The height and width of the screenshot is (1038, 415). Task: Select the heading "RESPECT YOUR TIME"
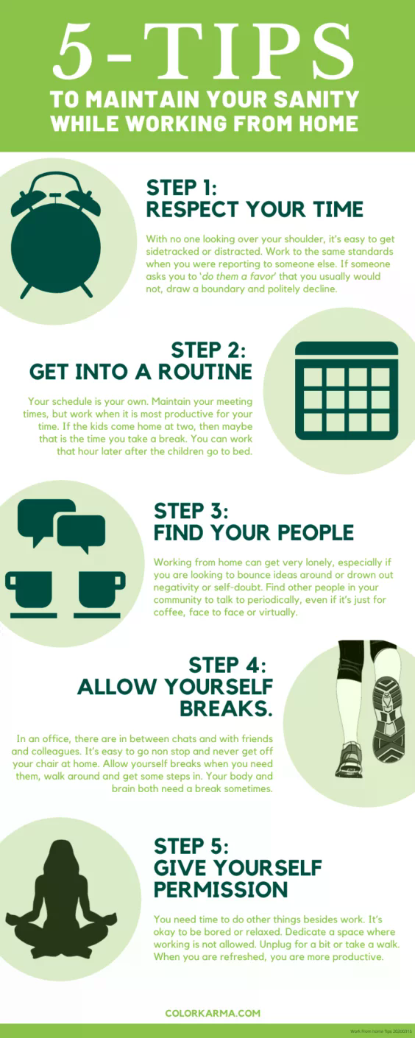[255, 209]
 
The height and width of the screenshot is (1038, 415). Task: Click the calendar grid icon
[346, 390]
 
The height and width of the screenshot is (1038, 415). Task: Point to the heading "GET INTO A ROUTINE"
[141, 372]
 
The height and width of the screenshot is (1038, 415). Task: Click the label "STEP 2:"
[208, 349]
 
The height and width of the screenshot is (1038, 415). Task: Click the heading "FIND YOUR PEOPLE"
[254, 532]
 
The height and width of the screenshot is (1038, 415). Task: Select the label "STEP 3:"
[191, 511]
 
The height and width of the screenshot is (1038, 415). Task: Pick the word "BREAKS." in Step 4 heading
[226, 708]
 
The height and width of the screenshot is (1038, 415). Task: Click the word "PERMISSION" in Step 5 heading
[221, 889]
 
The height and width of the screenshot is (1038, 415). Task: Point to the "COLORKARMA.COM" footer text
[213, 1013]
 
